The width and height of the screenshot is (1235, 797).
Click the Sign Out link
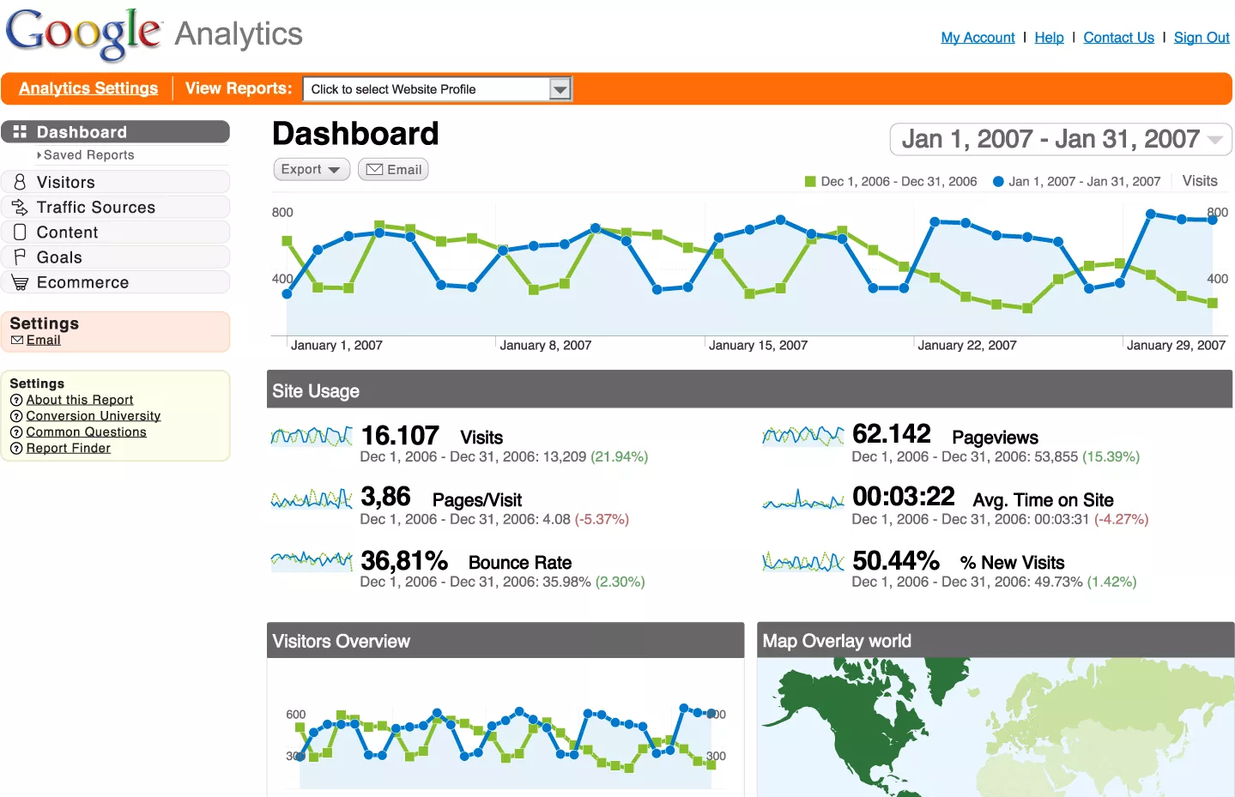(1201, 38)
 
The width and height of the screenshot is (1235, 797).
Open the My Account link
(978, 38)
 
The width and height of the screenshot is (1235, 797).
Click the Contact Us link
(1118, 38)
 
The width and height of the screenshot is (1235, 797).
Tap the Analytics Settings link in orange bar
(88, 88)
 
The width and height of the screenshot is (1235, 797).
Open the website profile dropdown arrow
(560, 89)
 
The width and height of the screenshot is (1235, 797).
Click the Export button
(311, 170)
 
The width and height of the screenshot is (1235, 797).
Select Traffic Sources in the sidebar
(95, 208)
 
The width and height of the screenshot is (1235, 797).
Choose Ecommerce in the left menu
(82, 283)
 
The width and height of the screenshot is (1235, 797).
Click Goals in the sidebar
(59, 257)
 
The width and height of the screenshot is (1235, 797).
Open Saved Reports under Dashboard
(88, 155)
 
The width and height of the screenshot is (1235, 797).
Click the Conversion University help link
(93, 416)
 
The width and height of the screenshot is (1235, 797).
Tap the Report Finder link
(68, 449)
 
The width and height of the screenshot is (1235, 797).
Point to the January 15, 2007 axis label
(758, 346)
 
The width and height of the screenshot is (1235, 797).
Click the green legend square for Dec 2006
(809, 182)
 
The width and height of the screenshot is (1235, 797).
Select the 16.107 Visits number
(400, 436)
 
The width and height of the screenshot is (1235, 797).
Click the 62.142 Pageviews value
(891, 434)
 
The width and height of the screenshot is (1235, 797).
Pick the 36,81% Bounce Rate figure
(404, 561)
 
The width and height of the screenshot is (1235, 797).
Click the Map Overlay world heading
(837, 641)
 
